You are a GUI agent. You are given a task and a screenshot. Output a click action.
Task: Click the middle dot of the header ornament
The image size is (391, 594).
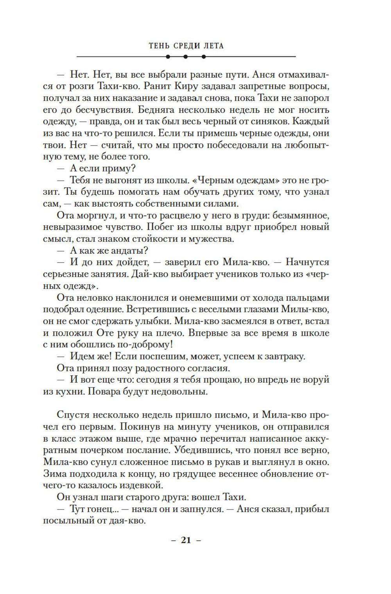tap(186, 57)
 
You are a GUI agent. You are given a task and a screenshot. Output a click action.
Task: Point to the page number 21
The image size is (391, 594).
tap(186, 540)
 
